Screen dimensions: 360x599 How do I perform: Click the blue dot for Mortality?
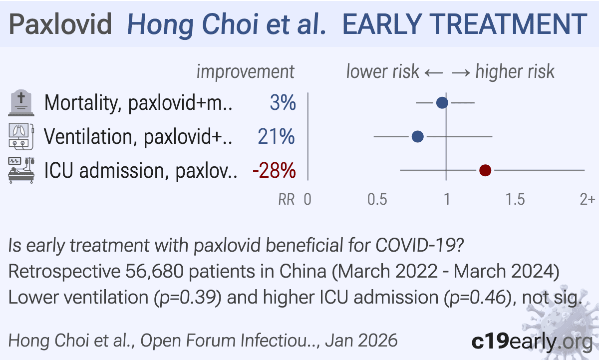pyautogui.click(x=442, y=103)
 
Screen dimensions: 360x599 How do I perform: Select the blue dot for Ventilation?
pyautogui.click(x=418, y=136)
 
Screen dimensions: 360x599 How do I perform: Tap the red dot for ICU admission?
pyautogui.click(x=485, y=171)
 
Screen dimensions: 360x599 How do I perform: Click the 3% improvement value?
pyautogui.click(x=283, y=103)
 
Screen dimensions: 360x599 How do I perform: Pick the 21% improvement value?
pyautogui.click(x=277, y=137)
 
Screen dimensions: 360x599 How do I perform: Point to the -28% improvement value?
pyautogui.click(x=274, y=171)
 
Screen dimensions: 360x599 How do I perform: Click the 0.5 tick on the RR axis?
pyautogui.click(x=377, y=199)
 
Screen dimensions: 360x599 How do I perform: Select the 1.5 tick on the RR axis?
pyautogui.click(x=515, y=199)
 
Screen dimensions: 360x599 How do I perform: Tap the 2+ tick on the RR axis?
pyautogui.click(x=587, y=199)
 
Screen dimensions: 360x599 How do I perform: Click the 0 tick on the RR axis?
pyautogui.click(x=308, y=199)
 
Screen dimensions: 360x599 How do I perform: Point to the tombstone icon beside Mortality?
pyautogui.click(x=21, y=103)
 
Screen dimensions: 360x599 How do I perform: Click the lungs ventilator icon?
pyautogui.click(x=21, y=136)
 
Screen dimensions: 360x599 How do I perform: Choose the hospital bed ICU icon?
pyautogui.click(x=21, y=170)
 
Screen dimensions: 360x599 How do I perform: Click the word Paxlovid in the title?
pyautogui.click(x=60, y=24)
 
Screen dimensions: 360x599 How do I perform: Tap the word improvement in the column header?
pyautogui.click(x=245, y=72)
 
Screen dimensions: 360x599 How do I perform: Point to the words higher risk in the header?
pyautogui.click(x=515, y=72)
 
